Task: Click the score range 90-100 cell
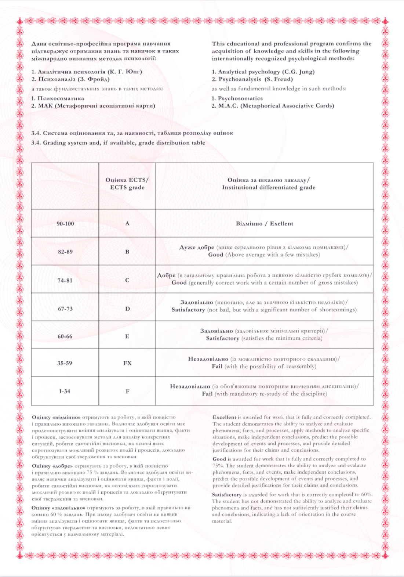(65, 224)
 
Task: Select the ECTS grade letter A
(127, 223)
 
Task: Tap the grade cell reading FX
(127, 363)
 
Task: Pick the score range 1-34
(65, 392)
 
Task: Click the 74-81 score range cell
(65, 281)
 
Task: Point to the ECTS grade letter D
(127, 309)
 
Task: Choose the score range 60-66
(65, 336)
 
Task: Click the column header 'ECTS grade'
(127, 187)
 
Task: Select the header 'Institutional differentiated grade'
(269, 187)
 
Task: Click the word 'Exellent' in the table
(281, 224)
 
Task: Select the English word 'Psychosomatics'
(240, 98)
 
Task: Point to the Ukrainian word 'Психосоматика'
(61, 98)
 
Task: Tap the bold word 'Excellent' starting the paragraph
(224, 417)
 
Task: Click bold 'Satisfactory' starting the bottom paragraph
(227, 495)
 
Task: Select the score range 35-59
(65, 363)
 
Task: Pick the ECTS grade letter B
(127, 252)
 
